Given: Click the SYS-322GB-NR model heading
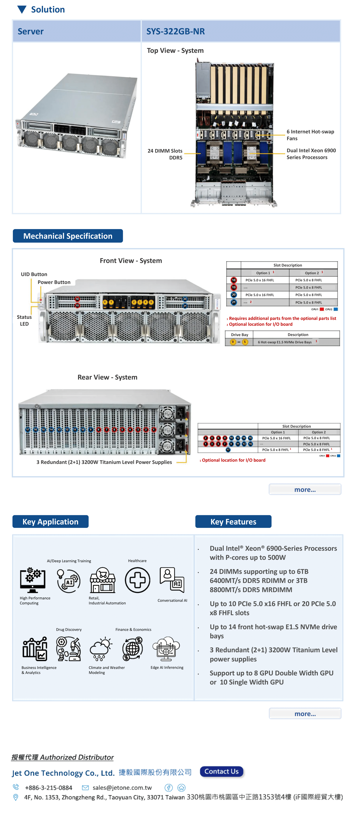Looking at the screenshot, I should click(x=176, y=31).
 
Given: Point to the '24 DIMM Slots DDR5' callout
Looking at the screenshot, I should click(x=165, y=154).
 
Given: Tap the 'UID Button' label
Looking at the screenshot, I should click(x=34, y=274).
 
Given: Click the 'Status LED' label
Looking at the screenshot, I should click(x=24, y=320).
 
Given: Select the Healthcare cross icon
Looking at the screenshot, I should click(x=137, y=580).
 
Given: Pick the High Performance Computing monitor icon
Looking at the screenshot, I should click(x=33, y=580).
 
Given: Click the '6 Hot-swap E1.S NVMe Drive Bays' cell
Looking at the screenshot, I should click(x=285, y=342).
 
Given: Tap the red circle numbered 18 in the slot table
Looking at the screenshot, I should click(x=234, y=280).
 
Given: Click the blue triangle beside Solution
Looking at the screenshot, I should click(x=22, y=9).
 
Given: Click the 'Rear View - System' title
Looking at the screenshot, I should click(x=107, y=377).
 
